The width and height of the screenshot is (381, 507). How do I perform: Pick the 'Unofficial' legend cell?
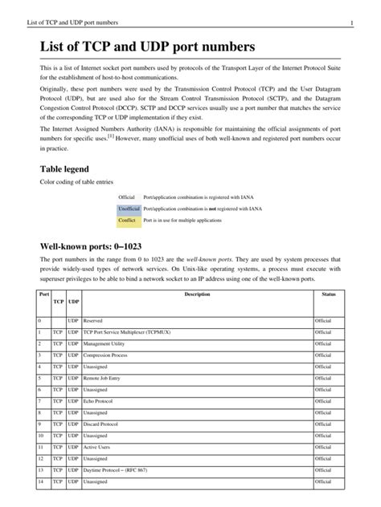[129, 208]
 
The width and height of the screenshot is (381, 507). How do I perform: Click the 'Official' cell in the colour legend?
[127, 197]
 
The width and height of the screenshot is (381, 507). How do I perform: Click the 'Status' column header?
[328, 295]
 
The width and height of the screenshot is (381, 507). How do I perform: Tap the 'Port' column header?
[44, 295]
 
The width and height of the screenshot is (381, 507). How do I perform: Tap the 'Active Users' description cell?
[100, 446]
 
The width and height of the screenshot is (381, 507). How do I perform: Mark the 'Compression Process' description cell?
[109, 354]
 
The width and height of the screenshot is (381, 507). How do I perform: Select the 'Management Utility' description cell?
[107, 342]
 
